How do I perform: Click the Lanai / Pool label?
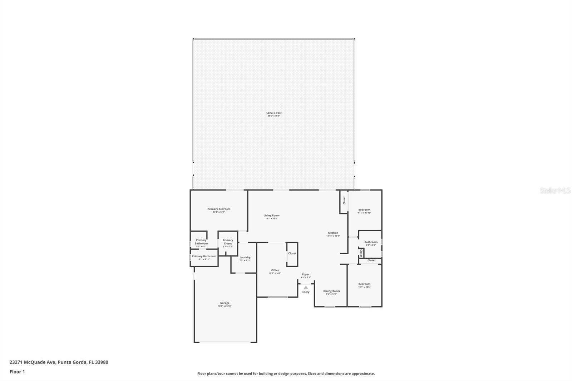pos(274,113)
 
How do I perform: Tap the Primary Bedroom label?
pos(219,209)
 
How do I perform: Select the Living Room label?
pos(271,216)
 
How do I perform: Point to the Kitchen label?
pos(333,233)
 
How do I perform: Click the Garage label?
pos(225,303)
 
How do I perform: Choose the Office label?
pos(275,270)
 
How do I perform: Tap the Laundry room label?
pos(245,257)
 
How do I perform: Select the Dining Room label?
pos(331,291)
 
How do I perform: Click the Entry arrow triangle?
pos(306,287)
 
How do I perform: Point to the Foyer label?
pos(305,274)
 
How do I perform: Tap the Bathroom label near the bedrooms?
pos(371,242)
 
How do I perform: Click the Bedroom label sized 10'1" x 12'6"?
pos(364,284)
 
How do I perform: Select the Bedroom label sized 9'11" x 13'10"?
pos(364,210)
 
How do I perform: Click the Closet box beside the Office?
pos(292,254)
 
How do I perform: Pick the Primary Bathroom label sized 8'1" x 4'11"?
pos(204,256)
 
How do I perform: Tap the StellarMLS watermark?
pos(555,191)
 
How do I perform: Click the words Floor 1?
pos(17,372)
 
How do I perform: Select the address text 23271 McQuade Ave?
pos(33,362)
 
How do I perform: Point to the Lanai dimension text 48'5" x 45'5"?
pos(274,116)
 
